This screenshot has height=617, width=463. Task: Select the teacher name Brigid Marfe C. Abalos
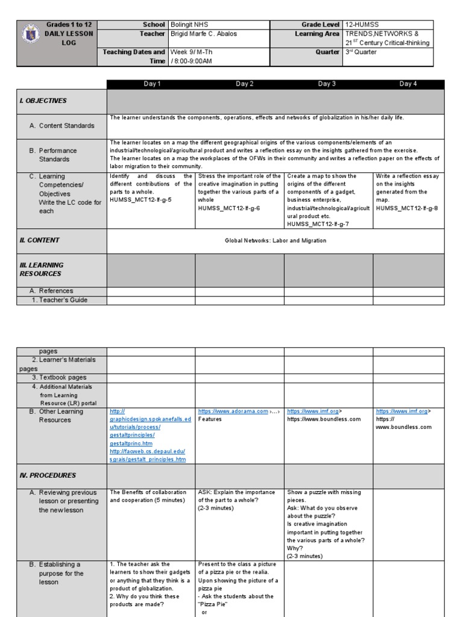[204, 34]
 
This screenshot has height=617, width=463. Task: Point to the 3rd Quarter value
[361, 52]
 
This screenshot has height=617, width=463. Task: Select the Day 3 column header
[327, 84]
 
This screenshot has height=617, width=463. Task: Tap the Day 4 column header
[408, 84]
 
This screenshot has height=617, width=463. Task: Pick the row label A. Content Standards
[66, 126]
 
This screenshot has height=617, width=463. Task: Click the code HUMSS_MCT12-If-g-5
[140, 199]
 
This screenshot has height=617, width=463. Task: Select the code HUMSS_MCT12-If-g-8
[407, 208]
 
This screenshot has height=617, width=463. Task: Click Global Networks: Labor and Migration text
[276, 240]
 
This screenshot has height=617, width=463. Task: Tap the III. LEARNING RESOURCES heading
[41, 269]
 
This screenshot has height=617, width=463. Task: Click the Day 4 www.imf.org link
[402, 411]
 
